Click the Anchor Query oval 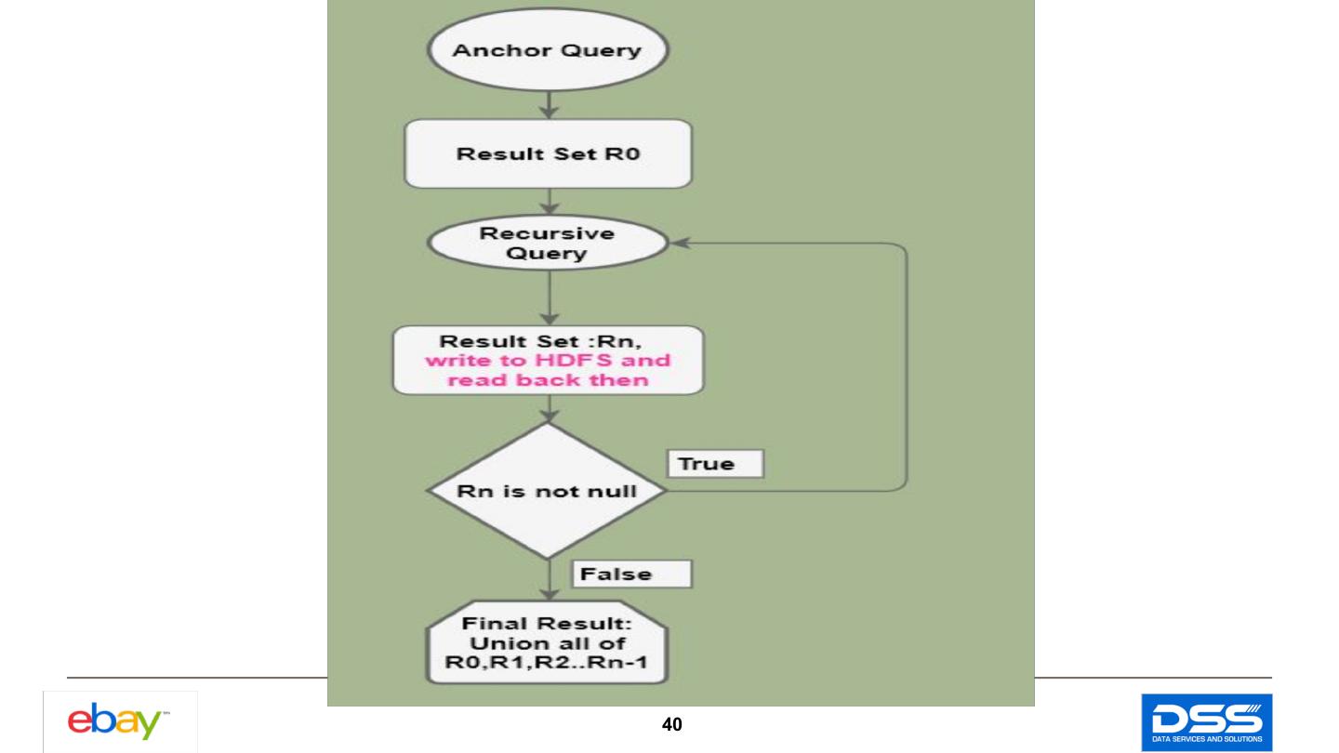tap(547, 50)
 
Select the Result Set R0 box tap(548, 153)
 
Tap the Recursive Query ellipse tap(548, 243)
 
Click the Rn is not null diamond tap(547, 491)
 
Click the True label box tap(713, 464)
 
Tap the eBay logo tap(120, 721)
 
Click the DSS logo tap(1206, 721)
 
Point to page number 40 tap(671, 725)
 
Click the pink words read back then tap(548, 380)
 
